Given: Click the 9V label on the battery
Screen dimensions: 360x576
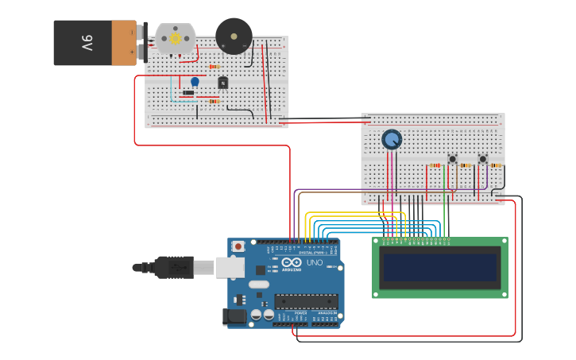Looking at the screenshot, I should pos(87,42).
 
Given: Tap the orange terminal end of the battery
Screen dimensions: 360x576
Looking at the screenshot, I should pos(124,43).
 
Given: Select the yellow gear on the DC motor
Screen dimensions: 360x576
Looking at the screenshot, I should pos(175,37).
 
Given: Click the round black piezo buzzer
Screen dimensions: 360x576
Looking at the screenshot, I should pos(234,36).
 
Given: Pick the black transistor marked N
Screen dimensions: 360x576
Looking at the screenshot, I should pos(223,83).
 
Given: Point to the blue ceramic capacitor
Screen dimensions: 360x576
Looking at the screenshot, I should pos(195,81).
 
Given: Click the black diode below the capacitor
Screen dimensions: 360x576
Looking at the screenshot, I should pos(188,93).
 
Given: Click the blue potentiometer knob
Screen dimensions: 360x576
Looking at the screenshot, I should pos(392,140).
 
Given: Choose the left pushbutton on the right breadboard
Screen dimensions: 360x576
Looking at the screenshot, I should pos(453,159).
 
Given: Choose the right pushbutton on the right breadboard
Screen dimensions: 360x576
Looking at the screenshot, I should pos(482,159).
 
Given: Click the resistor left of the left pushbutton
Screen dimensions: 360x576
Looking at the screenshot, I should pos(435,165).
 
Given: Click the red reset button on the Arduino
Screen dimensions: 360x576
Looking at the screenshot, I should pos(238,247).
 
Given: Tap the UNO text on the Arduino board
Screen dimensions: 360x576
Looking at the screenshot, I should pos(315,263).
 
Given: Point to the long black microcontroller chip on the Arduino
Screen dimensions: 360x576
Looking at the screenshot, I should pos(306,301).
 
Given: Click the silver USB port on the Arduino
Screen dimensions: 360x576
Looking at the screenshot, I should pos(230,267).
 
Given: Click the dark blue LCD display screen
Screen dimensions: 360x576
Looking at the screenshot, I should pos(440,268).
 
